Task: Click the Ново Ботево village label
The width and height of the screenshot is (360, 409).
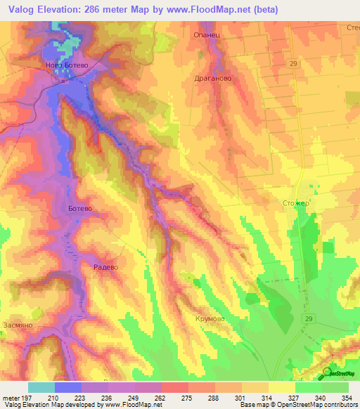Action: tap(65, 65)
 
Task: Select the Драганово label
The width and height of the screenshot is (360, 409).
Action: tap(213, 79)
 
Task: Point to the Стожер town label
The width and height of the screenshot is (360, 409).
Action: tap(295, 203)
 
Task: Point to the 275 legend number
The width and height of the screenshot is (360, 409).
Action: tap(186, 398)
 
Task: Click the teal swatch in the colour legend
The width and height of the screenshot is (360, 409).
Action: tap(41, 387)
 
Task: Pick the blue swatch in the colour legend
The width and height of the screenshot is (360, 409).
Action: tap(68, 387)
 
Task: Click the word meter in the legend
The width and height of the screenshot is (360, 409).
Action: tap(10, 398)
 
